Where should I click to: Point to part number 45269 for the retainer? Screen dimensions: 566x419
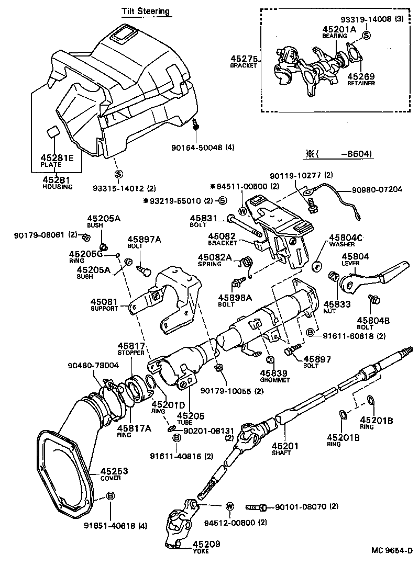click(361, 75)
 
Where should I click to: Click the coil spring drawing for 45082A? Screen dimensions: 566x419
click(248, 266)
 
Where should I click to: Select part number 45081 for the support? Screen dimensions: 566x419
click(104, 302)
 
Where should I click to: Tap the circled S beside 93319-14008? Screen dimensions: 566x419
click(366, 36)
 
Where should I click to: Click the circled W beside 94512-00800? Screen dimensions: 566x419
click(229, 506)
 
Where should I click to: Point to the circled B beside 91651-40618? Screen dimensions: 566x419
click(111, 496)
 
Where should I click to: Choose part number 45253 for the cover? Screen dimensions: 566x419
click(114, 471)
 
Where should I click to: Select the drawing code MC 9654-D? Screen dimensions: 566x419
click(392, 550)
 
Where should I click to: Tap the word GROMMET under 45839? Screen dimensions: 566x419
click(274, 380)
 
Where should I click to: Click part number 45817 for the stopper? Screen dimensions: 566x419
click(130, 346)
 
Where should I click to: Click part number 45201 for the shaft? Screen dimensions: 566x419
click(285, 446)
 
